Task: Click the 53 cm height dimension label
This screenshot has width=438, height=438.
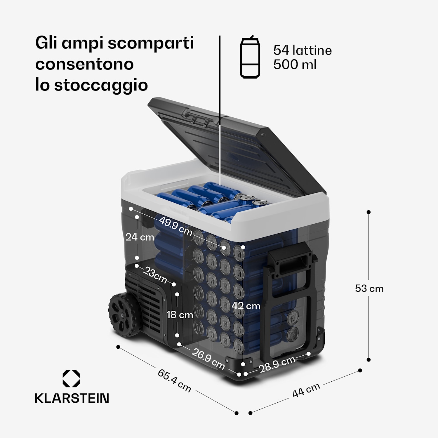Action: pyautogui.click(x=369, y=288)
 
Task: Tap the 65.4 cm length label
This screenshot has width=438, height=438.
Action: pyautogui.click(x=174, y=380)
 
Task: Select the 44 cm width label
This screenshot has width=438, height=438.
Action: pyautogui.click(x=306, y=390)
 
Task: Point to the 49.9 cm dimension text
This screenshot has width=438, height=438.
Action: pyautogui.click(x=175, y=226)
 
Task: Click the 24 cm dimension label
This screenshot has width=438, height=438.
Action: pyautogui.click(x=140, y=237)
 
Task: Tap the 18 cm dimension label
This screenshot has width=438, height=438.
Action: pyautogui.click(x=180, y=315)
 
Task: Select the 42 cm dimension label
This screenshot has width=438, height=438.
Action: pyautogui.click(x=246, y=306)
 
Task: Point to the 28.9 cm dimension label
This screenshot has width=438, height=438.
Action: pyautogui.click(x=277, y=364)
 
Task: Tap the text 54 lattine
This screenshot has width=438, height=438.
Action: pyautogui.click(x=302, y=51)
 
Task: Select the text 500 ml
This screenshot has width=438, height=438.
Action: pyautogui.click(x=294, y=65)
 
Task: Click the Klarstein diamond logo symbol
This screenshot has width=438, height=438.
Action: pyautogui.click(x=71, y=379)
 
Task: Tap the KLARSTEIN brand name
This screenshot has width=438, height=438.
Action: pyautogui.click(x=72, y=398)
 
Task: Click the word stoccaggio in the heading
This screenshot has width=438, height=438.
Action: pyautogui.click(x=101, y=85)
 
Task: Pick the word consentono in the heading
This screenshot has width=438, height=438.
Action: pyautogui.click(x=84, y=64)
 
